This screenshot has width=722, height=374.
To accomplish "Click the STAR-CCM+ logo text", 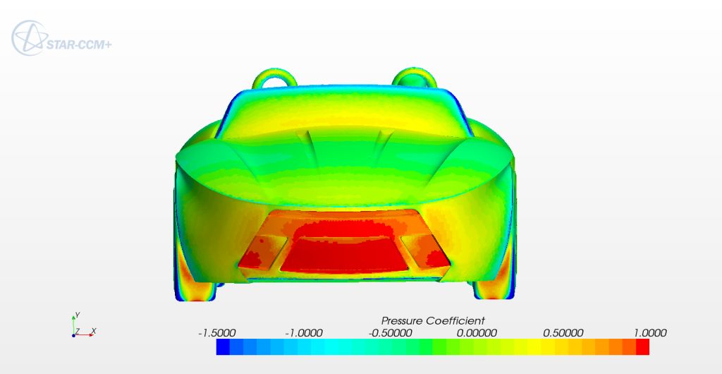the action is [79, 44].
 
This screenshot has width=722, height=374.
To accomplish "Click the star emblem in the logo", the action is [30, 38].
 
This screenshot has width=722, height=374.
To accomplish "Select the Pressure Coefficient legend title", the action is [433, 320].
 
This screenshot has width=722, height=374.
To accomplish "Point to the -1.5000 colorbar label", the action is [216, 333].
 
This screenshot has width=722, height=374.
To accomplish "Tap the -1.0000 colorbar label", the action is [303, 333].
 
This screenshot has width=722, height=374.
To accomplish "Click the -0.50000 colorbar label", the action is [390, 333].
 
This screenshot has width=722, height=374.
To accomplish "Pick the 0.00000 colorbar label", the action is [477, 333].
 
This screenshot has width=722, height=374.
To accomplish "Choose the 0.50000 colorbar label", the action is [563, 333].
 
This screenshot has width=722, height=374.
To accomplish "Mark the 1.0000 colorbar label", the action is [650, 333].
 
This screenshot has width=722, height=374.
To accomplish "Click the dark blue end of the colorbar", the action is [223, 346].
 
